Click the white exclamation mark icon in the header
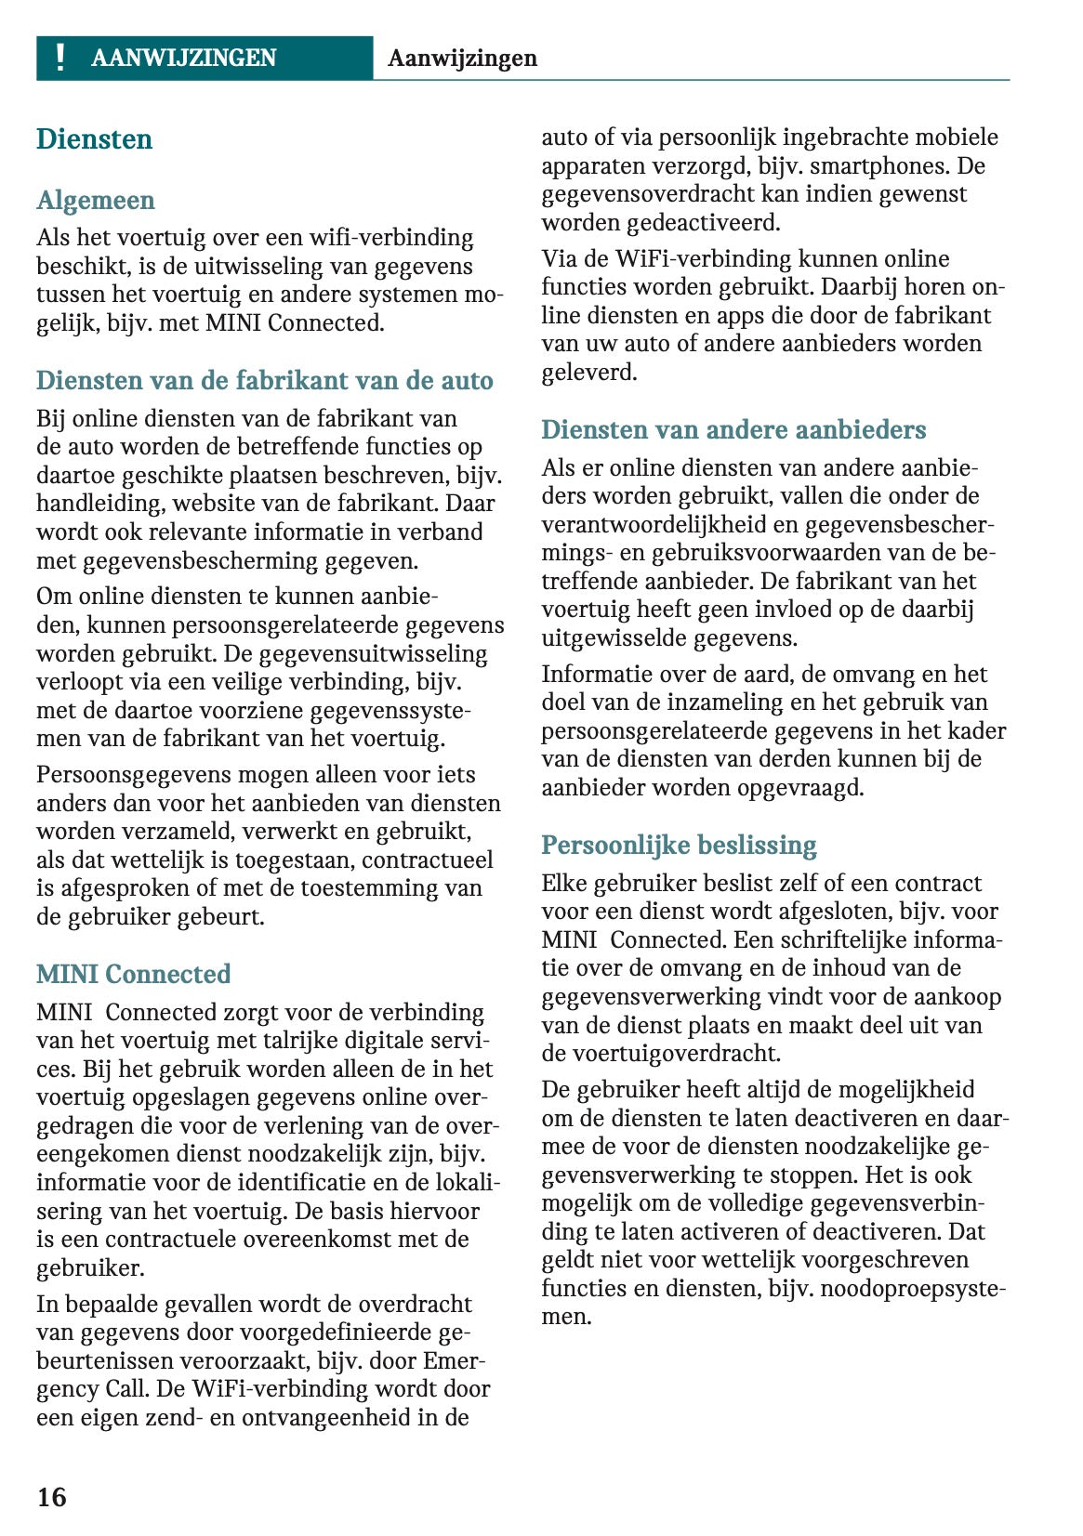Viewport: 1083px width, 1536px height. [60, 58]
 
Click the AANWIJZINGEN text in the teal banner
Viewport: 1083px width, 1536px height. [183, 59]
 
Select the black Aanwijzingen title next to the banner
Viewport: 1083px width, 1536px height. [462, 59]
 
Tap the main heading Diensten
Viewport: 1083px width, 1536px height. [94, 139]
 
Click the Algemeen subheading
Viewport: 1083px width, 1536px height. [95, 201]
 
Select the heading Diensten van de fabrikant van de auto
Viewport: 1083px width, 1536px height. [264, 381]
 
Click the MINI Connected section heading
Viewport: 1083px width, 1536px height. [133, 975]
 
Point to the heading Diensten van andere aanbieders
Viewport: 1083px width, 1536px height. [733, 430]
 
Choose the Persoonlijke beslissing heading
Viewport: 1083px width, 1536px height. [679, 846]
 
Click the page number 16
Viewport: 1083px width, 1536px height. [52, 1497]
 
